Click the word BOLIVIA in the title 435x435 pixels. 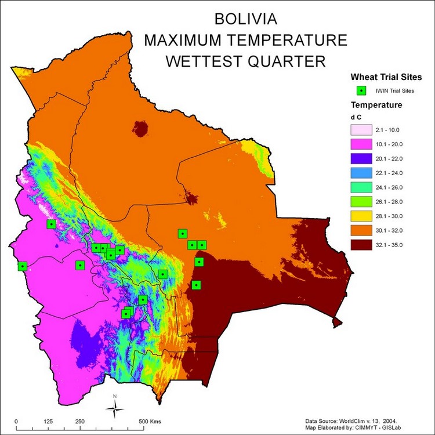[246, 19]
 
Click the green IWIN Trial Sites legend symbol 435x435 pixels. [361, 90]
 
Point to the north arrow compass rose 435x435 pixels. [115, 408]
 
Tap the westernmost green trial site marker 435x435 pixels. [23, 266]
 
